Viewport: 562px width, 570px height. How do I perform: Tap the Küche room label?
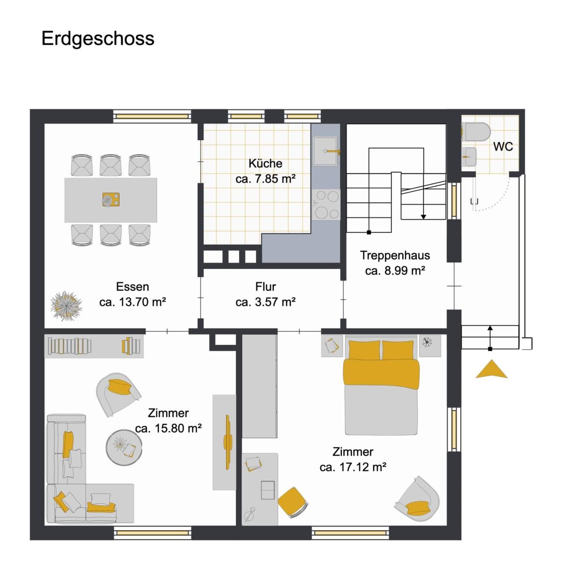coord(265,163)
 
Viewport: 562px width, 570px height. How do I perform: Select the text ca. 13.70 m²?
coord(133,303)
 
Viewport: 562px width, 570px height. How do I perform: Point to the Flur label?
coord(266,287)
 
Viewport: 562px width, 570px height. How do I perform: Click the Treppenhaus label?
coord(395,256)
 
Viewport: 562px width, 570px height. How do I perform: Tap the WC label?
coord(503,146)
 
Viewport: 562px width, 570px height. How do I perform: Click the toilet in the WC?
coord(476,132)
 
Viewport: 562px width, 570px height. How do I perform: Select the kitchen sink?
coord(325,151)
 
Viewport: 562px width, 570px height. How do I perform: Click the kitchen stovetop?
coord(326,204)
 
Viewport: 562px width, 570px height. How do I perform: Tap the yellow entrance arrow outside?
coord(491,370)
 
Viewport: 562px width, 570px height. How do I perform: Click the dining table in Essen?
coord(111,200)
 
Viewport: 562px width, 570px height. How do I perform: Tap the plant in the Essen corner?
coord(66,306)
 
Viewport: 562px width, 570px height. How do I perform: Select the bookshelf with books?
coord(94,346)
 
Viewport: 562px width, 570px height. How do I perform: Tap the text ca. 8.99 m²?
coord(395,271)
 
